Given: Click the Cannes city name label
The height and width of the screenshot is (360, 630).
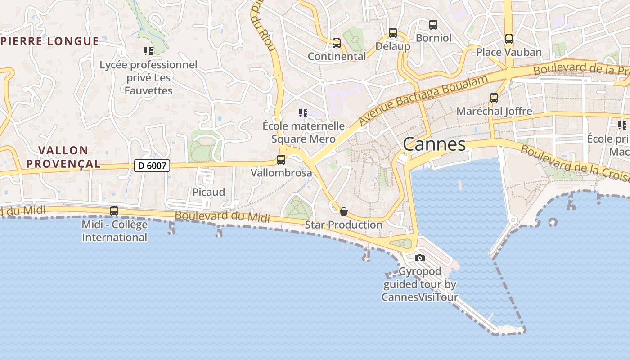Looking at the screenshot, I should point(434,144).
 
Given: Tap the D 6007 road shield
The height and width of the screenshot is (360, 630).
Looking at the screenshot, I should point(152,166).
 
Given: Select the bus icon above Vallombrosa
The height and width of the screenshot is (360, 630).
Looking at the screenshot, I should point(281,159).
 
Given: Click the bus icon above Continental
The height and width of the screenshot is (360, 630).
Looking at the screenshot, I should point(337,43).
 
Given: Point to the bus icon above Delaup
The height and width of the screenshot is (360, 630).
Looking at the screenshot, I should point(393,33).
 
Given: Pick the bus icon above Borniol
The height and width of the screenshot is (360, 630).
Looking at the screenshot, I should point(433,25).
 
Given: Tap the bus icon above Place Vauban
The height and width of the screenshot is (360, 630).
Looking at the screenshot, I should point(509,39).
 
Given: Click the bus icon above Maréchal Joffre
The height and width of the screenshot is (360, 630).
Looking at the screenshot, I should point(494,98).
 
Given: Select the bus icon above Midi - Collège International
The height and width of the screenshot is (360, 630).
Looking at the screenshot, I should point(114,211).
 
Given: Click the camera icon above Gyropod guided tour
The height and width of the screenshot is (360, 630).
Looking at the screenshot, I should point(420,258).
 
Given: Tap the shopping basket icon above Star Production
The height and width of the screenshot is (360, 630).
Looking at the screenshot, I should point(344,211).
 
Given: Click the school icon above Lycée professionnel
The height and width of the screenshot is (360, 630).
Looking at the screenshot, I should point(148,51).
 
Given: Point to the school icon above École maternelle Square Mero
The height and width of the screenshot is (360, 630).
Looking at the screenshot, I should point(303,112).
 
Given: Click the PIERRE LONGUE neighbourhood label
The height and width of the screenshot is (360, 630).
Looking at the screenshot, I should point(49,41).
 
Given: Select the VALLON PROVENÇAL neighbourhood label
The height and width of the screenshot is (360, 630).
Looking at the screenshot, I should point(63,157).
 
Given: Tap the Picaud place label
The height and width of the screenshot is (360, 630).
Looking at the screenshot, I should point(209,192).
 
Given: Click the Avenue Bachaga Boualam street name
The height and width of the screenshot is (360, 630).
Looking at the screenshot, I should point(423,100).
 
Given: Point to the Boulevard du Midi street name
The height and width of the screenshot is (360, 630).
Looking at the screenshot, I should point(222,216).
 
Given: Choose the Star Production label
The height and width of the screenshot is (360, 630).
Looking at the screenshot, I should point(344,225).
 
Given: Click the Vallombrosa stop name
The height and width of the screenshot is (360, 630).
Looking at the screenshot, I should point(281,173).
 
